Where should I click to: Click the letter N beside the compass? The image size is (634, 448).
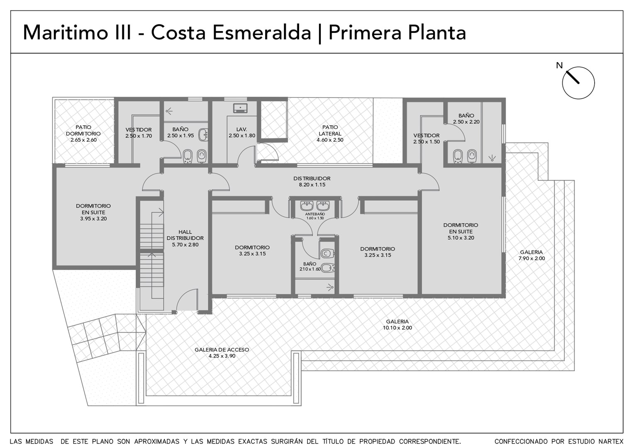tap(559, 66)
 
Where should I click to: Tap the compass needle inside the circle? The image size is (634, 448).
tap(572, 77)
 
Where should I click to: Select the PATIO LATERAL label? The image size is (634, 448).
tap(330, 130)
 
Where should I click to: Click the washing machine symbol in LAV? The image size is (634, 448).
tap(240, 108)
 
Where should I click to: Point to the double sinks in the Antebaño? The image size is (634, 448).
tap(315, 206)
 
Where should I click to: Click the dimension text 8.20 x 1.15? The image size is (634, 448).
tap(312, 185)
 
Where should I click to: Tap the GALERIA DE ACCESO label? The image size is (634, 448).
tap(222, 350)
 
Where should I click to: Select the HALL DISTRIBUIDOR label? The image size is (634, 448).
tap(185, 235)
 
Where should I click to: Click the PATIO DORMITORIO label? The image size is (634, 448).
tap(83, 130)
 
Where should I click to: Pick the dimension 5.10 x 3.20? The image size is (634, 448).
tap(461, 238)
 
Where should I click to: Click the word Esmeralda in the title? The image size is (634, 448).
tap(261, 33)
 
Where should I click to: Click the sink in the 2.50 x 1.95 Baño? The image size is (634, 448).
tap(203, 135)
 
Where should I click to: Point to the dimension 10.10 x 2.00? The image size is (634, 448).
tap(397, 328)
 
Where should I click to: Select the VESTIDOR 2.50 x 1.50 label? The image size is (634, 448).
tap(426, 139)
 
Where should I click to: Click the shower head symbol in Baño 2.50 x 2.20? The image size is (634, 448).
tap(492, 158)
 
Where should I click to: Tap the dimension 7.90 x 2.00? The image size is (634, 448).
tap(532, 258)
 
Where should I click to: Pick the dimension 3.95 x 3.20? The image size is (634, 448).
tap(93, 219)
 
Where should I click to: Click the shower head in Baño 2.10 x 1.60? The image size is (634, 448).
tap(330, 288)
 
